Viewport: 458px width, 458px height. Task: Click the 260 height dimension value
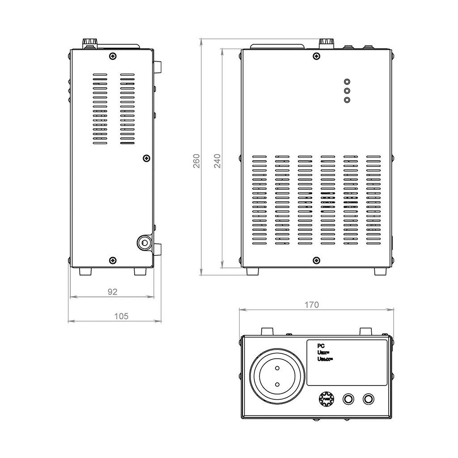(x=196, y=161)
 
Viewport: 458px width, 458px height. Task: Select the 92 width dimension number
(x=112, y=292)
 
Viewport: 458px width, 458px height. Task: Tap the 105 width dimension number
(x=121, y=316)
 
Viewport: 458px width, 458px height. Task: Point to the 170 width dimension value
(x=312, y=305)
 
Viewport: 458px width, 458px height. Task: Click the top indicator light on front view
(x=347, y=82)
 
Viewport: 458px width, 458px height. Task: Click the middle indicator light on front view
(x=347, y=91)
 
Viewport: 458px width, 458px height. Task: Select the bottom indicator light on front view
(x=347, y=100)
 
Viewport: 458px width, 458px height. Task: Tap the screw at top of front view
(x=317, y=56)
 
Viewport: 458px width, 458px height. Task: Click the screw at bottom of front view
(x=317, y=260)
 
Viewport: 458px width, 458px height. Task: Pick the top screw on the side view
(x=112, y=56)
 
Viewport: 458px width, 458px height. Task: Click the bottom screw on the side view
(x=112, y=260)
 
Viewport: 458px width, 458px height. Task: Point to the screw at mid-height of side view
(x=146, y=158)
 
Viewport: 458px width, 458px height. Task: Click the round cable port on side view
(x=144, y=243)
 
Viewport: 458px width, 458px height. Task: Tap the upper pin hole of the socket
(x=277, y=368)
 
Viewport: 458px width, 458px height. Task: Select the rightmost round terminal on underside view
(x=369, y=399)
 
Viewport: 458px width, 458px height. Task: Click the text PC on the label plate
(x=320, y=346)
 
